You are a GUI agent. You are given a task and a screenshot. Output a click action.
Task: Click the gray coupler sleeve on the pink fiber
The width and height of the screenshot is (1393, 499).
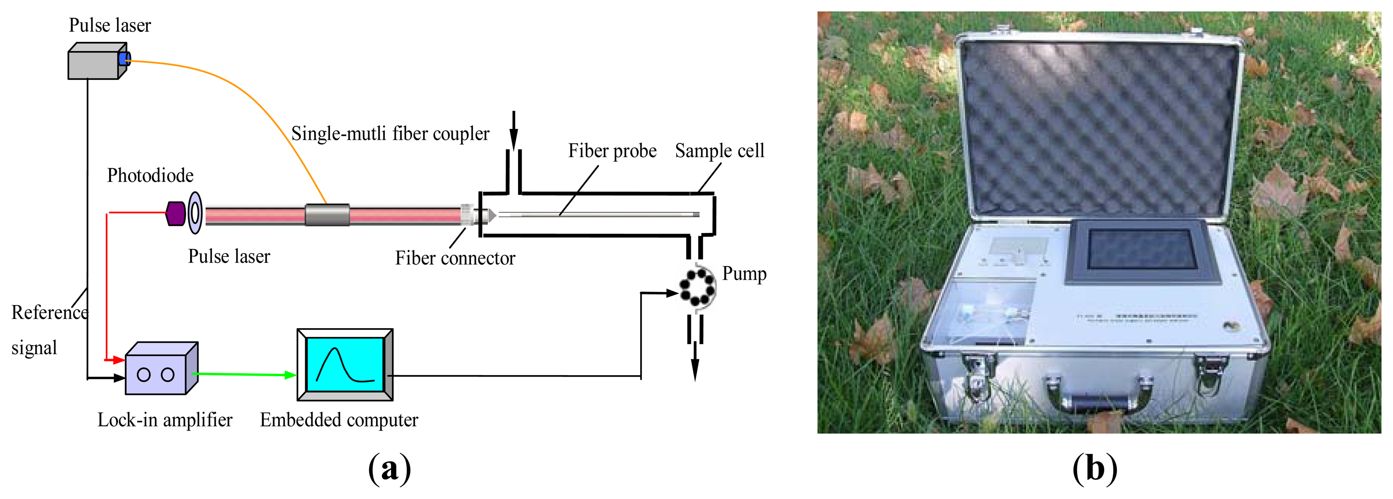pyautogui.click(x=327, y=215)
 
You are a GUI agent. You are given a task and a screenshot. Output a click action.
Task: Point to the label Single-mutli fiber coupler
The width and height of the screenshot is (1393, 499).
pyautogui.click(x=390, y=133)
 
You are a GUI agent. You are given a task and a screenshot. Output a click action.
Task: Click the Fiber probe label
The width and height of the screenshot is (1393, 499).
pyautogui.click(x=612, y=151)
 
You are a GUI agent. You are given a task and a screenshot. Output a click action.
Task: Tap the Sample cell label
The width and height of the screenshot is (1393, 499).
pyautogui.click(x=719, y=151)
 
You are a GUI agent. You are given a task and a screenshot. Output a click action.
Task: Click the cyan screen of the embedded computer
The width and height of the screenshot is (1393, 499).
pyautogui.click(x=344, y=364)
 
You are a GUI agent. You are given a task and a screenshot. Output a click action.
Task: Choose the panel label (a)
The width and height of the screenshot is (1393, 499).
pyautogui.click(x=389, y=468)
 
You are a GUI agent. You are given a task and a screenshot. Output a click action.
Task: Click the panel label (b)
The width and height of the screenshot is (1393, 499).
pyautogui.click(x=1095, y=468)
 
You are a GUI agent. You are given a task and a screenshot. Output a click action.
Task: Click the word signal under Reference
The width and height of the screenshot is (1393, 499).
pyautogui.click(x=34, y=348)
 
